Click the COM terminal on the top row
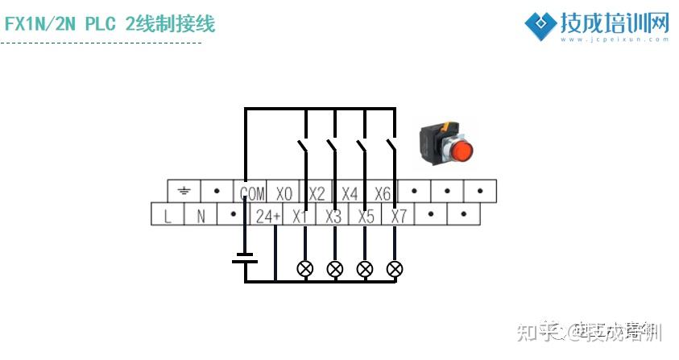pyautogui.click(x=251, y=192)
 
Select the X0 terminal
pyautogui.click(x=284, y=192)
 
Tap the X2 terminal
pyautogui.click(x=317, y=192)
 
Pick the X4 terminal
pyautogui.click(x=350, y=192)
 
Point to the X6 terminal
pyautogui.click(x=383, y=192)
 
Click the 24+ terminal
pyautogui.click(x=267, y=216)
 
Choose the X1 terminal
pyautogui.click(x=300, y=216)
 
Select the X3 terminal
pyautogui.click(x=333, y=216)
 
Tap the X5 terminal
pyautogui.click(x=366, y=216)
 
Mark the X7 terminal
pyautogui.click(x=399, y=216)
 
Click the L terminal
pyautogui.click(x=168, y=216)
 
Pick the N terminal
pyautogui.click(x=201, y=216)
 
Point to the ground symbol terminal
pyautogui.click(x=184, y=192)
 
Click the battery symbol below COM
pyautogui.click(x=245, y=258)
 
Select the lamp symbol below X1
pyautogui.click(x=305, y=268)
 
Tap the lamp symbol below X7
pyautogui.click(x=395, y=268)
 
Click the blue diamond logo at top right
pyautogui.click(x=540, y=24)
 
